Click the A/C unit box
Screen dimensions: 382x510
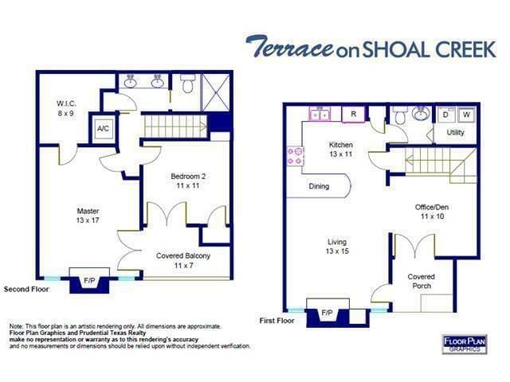[x=103, y=128]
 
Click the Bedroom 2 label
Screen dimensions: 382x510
[x=190, y=180]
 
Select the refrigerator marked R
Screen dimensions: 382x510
[x=353, y=115]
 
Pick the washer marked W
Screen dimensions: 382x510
[x=465, y=115]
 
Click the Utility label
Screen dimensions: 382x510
[x=455, y=132]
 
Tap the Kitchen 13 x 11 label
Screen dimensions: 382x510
[x=342, y=149]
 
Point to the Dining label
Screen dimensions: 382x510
[x=319, y=187]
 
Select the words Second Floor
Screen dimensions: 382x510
[x=26, y=290]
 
